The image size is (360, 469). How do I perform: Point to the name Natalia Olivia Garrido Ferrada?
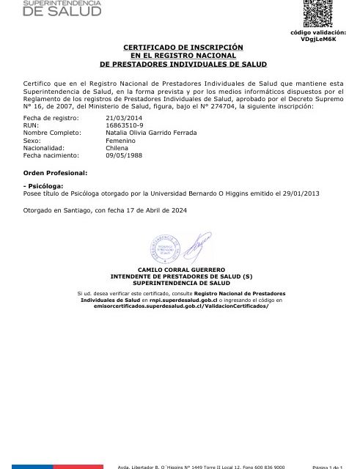(151, 133)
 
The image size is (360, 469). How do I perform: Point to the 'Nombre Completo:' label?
(48, 133)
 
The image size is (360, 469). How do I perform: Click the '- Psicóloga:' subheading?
(44, 186)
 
